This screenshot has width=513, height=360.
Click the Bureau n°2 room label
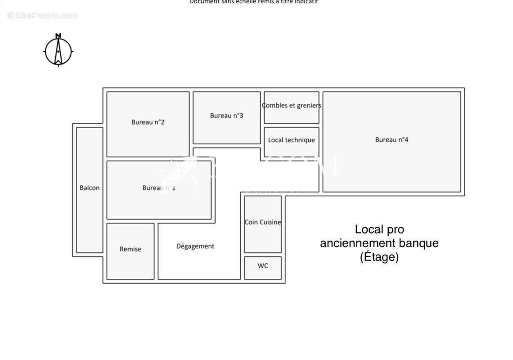click(148, 122)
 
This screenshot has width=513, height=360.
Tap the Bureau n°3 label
click(226, 116)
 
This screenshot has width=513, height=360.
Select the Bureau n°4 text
click(391, 139)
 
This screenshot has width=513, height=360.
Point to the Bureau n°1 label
click(159, 188)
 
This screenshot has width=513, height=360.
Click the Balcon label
click(90, 188)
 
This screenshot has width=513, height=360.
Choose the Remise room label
click(130, 249)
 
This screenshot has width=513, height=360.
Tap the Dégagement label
click(195, 246)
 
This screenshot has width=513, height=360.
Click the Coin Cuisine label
click(263, 222)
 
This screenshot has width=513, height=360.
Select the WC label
click(263, 266)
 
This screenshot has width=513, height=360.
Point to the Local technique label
click(291, 140)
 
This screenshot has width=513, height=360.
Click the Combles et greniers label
click(292, 105)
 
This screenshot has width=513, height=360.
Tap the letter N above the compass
click(58, 36)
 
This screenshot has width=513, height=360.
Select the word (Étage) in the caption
click(379, 257)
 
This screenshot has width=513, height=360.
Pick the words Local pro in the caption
click(379, 229)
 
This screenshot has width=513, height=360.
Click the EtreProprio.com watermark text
click(43, 16)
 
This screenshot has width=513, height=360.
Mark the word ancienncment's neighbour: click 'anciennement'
click(351, 243)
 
